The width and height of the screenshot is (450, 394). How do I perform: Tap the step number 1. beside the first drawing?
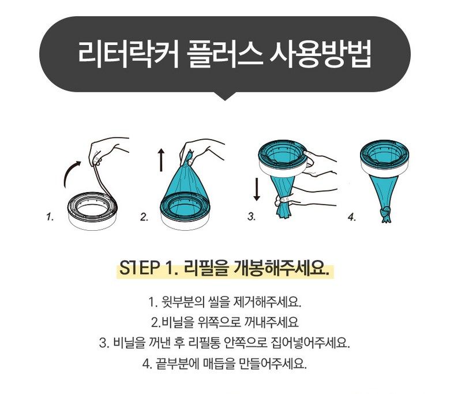tap(50, 217)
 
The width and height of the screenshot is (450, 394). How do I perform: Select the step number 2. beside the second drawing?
tap(144, 217)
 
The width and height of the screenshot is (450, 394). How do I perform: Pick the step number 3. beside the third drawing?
tap(252, 217)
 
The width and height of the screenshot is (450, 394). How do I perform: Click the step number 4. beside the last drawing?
tap(352, 217)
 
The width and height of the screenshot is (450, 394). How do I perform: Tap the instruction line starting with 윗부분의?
tap(224, 302)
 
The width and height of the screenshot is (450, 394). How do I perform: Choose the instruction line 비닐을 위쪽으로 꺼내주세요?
tap(224, 322)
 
